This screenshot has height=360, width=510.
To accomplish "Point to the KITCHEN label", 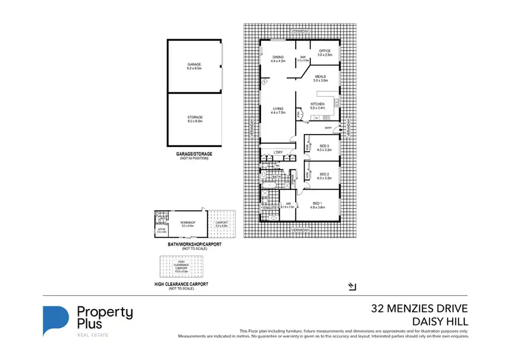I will click(x=318, y=105).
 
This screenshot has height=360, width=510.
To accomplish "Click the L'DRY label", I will click(x=277, y=152).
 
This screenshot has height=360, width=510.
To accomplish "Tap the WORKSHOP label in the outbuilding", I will click(x=188, y=222).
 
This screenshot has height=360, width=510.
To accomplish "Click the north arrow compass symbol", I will click(x=351, y=287).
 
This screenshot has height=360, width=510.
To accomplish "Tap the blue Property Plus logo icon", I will click(x=56, y=321).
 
